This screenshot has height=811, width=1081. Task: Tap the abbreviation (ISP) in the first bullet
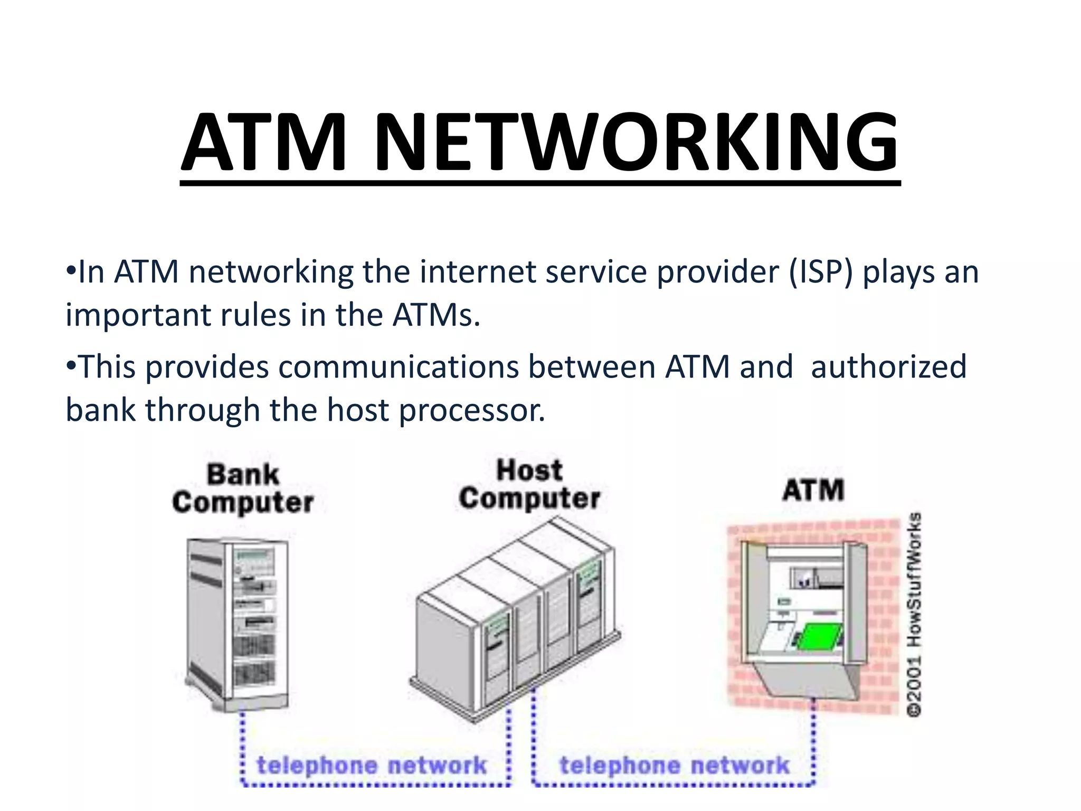[x=821, y=272]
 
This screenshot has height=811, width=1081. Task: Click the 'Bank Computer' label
[x=243, y=488]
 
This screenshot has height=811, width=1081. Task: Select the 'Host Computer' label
[x=529, y=485]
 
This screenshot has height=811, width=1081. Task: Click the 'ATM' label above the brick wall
[x=813, y=490]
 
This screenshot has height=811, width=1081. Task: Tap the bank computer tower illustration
[x=238, y=623]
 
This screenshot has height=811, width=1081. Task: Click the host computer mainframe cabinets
[x=515, y=618]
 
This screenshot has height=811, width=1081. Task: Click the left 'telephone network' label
[x=371, y=765]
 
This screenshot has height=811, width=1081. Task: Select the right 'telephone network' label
[x=674, y=765]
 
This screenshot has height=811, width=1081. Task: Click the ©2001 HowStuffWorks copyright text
[x=915, y=615]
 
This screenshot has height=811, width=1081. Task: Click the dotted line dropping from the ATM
[x=813, y=739]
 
